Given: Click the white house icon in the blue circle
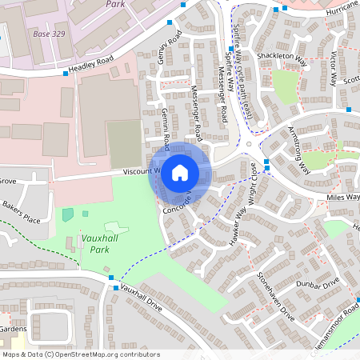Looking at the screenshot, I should click(180, 172).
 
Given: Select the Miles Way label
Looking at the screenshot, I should click(343, 196).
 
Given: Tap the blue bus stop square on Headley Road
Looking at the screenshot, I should click(66, 74).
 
